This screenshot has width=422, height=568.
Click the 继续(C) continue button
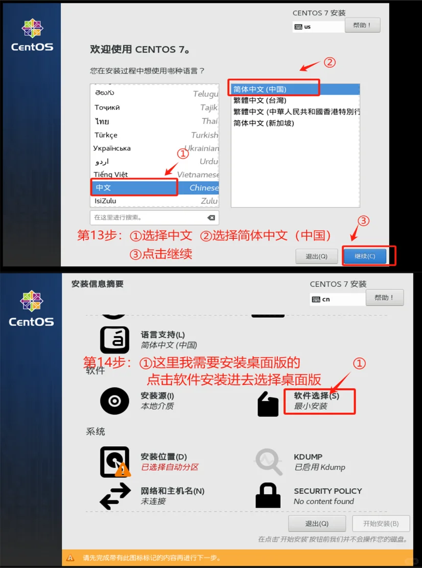[x=364, y=256]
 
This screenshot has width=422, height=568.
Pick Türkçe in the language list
[x=106, y=135]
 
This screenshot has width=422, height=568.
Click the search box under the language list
[x=148, y=217]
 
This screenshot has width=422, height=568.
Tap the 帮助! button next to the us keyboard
[x=362, y=25]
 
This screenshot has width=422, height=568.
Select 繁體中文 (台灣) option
[x=260, y=100]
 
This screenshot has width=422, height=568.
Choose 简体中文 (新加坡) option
[x=264, y=123]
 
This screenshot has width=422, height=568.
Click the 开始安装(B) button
[x=381, y=523]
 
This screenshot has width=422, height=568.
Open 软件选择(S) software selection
[x=316, y=396]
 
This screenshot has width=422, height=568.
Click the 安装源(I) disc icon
[x=114, y=401]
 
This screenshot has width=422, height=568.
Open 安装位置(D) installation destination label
[x=163, y=456]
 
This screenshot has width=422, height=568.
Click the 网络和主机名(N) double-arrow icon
[x=115, y=497]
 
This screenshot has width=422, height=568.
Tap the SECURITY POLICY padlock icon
[x=268, y=495]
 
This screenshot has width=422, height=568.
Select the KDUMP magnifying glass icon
[x=269, y=462]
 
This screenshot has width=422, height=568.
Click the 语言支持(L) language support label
[x=162, y=335]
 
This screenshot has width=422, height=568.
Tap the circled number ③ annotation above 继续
[x=363, y=221]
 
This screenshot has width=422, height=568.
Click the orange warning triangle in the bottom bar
[x=71, y=558]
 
